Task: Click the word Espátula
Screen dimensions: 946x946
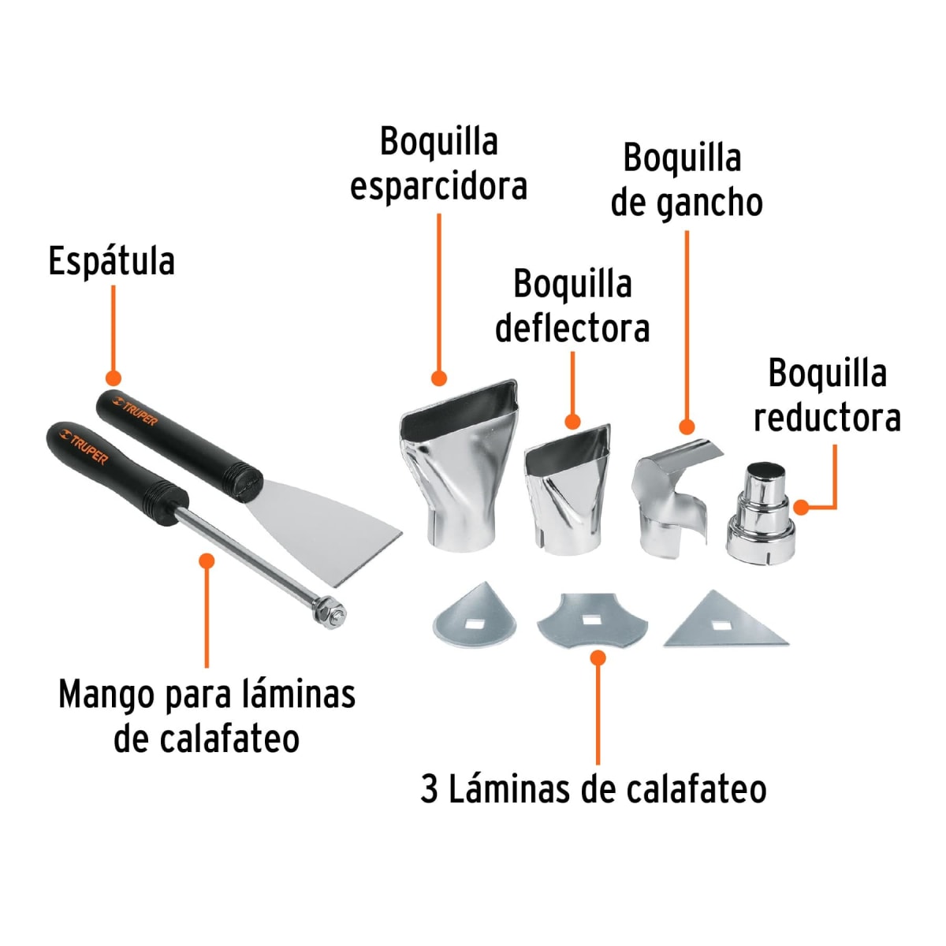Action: tap(111, 262)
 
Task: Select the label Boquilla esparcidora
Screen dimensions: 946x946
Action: tap(438, 164)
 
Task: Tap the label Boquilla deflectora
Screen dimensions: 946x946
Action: tap(572, 306)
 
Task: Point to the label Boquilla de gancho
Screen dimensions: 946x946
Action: tap(686, 181)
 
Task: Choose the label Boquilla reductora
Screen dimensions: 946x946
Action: tap(827, 396)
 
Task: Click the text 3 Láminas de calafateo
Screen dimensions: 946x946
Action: tap(593, 789)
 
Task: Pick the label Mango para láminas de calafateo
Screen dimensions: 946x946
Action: tap(207, 717)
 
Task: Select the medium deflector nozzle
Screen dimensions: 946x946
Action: tap(566, 489)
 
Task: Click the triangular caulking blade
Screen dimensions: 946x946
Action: tap(724, 623)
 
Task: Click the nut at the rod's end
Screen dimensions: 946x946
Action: tap(330, 612)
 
